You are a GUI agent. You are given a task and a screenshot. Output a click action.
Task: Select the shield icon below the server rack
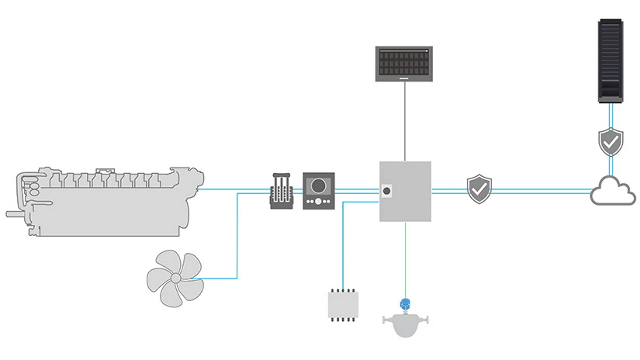611,142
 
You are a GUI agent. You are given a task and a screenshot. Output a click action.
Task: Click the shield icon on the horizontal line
479,189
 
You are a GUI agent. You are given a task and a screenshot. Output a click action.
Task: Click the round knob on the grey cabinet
387,191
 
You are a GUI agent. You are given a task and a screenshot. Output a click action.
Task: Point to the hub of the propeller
176,278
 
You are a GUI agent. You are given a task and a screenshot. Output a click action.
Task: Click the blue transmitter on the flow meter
405,304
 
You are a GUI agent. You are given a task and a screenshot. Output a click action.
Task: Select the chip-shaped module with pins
343,305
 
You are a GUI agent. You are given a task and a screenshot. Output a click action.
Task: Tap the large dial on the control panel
318,186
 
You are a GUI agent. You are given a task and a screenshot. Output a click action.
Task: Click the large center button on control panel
318,201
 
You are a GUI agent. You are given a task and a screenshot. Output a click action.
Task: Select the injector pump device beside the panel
281,191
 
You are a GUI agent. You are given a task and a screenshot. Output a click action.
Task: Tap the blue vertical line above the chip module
343,247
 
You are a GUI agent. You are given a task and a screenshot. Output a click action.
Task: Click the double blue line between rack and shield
611,115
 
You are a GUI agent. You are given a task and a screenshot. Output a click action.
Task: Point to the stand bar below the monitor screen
404,79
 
